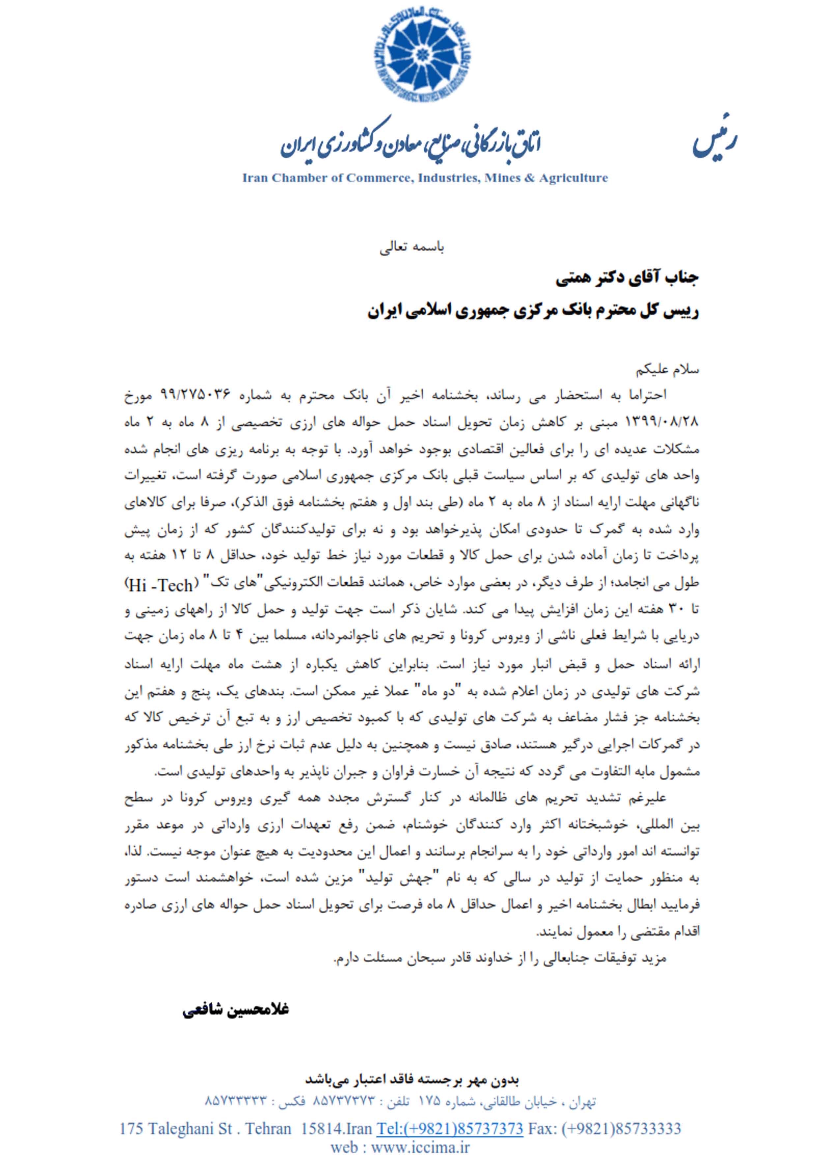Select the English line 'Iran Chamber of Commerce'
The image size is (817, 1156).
click(425, 178)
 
